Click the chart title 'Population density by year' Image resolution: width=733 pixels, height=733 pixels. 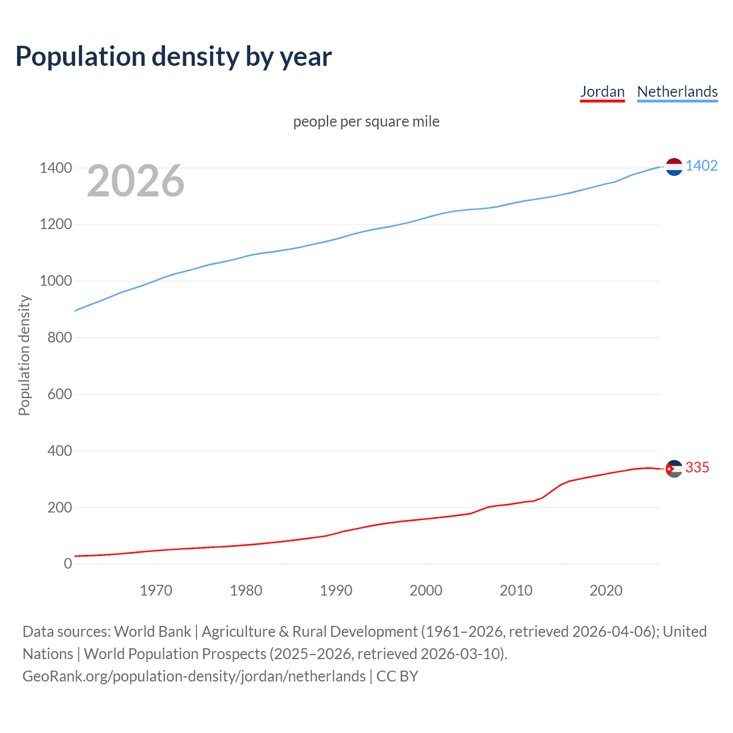pyautogui.click(x=174, y=57)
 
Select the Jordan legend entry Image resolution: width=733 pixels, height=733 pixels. pyautogui.click(x=602, y=92)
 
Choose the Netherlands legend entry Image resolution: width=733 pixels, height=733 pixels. pyautogui.click(x=677, y=92)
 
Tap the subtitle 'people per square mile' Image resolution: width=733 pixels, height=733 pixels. pyautogui.click(x=366, y=121)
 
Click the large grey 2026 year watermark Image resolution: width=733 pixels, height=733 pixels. pyautogui.click(x=136, y=181)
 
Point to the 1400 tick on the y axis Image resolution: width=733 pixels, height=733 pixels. pyautogui.click(x=56, y=168)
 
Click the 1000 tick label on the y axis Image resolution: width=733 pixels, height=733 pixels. pyautogui.click(x=56, y=281)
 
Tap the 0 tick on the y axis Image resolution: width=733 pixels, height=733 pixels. pyautogui.click(x=68, y=563)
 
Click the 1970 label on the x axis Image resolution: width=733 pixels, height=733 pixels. pyautogui.click(x=156, y=590)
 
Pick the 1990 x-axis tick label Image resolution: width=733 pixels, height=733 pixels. pyautogui.click(x=336, y=590)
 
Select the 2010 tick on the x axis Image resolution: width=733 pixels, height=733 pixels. pyautogui.click(x=516, y=590)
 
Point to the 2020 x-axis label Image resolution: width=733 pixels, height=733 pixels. pyautogui.click(x=606, y=590)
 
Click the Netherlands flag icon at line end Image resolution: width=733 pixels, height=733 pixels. pyautogui.click(x=674, y=167)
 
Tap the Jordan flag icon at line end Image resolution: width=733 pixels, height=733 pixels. pyautogui.click(x=674, y=468)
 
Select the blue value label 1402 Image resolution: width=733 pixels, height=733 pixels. pyautogui.click(x=702, y=166)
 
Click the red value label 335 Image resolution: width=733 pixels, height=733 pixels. pyautogui.click(x=697, y=468)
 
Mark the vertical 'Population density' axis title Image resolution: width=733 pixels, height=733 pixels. pyautogui.click(x=24, y=355)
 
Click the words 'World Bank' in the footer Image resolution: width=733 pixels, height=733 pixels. pyautogui.click(x=152, y=632)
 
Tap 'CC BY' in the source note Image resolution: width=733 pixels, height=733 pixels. pyautogui.click(x=397, y=676)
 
